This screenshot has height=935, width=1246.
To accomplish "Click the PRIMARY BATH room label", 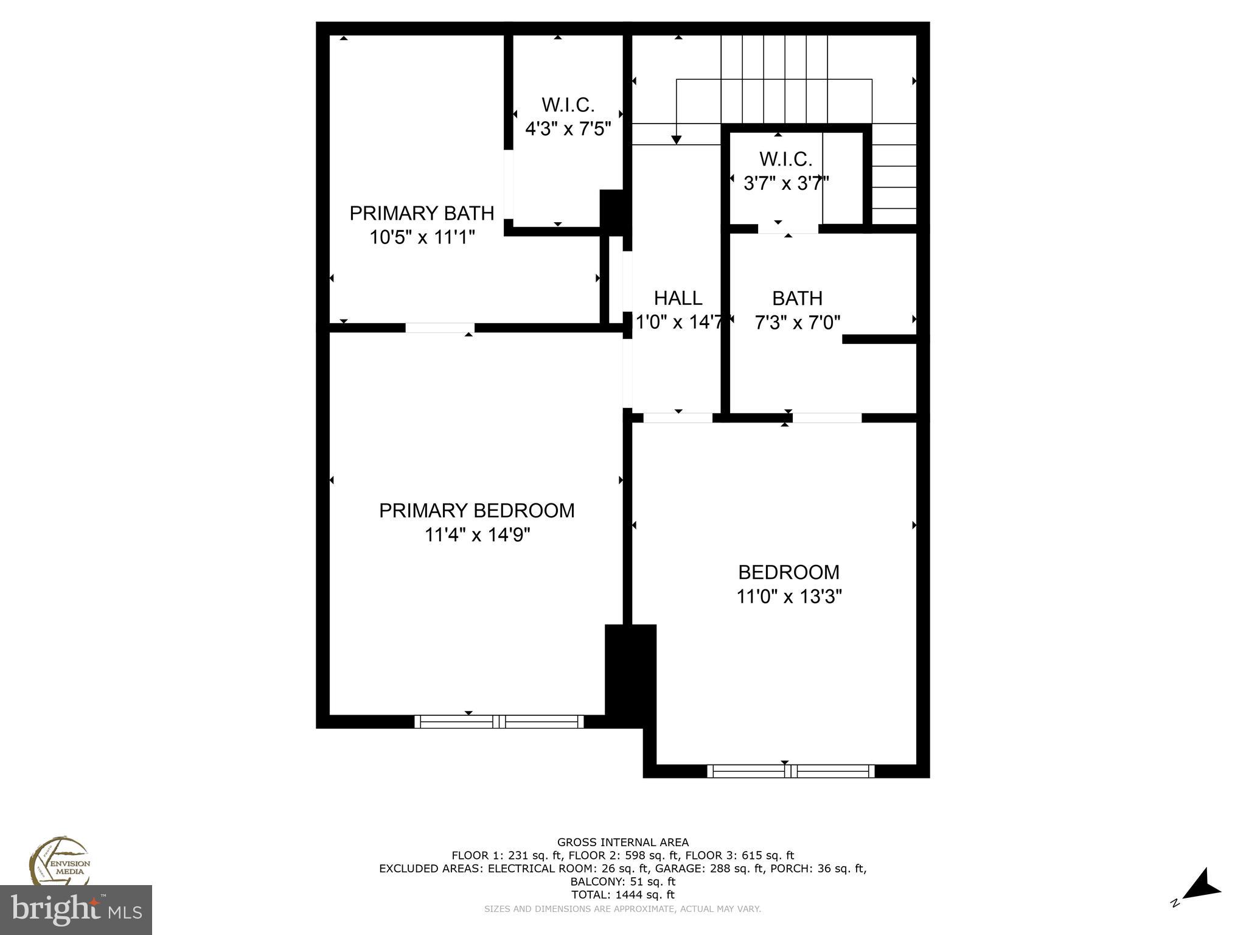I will (x=421, y=213).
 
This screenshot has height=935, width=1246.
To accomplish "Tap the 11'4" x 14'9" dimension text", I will (x=477, y=535).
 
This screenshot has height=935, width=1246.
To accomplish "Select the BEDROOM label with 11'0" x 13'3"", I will (x=788, y=572).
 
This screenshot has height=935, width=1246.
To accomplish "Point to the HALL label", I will (x=678, y=298).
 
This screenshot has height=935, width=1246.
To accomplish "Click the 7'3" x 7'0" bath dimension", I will (x=797, y=323).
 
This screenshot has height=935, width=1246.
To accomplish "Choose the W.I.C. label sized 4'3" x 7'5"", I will (x=568, y=105).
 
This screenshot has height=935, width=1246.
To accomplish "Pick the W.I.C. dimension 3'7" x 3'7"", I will (x=786, y=183).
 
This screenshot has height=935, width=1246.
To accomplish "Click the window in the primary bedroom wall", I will (x=499, y=722).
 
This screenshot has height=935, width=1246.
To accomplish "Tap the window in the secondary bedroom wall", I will (x=791, y=771).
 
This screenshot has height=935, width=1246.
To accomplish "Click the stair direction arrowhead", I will (x=676, y=140).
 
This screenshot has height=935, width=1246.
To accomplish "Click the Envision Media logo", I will (x=60, y=861).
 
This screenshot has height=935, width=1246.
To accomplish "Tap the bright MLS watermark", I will (x=75, y=909).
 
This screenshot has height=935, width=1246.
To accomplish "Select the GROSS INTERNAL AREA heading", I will (x=622, y=842).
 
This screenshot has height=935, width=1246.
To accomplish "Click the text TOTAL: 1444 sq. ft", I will (x=622, y=895).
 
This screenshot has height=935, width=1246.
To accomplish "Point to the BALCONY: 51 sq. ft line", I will (x=622, y=881).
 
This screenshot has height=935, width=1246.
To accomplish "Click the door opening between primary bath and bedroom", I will (x=440, y=328).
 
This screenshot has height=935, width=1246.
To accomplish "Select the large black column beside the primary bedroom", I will (x=630, y=673).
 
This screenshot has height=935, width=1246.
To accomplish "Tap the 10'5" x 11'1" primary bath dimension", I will (x=422, y=237).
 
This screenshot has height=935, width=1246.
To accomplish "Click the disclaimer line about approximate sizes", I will (x=622, y=909).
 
